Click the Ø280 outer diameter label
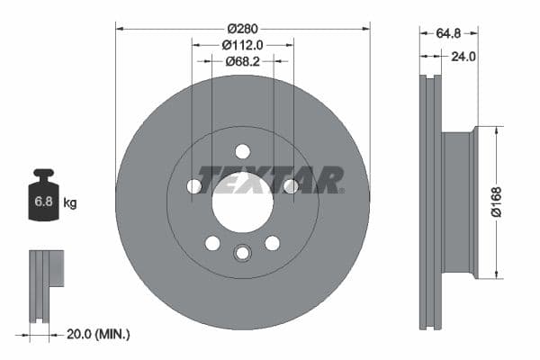pos(242,14)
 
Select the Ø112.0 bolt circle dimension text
pos(243,44)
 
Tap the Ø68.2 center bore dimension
pos(243,61)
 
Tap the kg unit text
pos(69,202)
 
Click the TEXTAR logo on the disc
pos(270,180)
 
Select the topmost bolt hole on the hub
pos(242,151)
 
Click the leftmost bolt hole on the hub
pos(194,186)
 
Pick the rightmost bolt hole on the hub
pos(291,186)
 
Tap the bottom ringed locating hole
pos(242,253)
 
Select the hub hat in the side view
pos(459,202)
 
